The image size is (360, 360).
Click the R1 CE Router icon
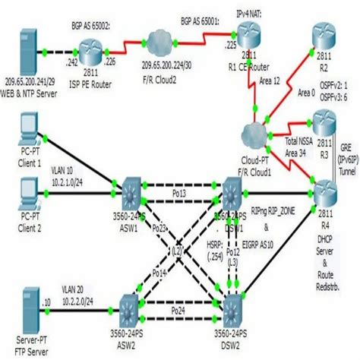point(247,33)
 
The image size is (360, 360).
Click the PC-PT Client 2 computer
point(29,190)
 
